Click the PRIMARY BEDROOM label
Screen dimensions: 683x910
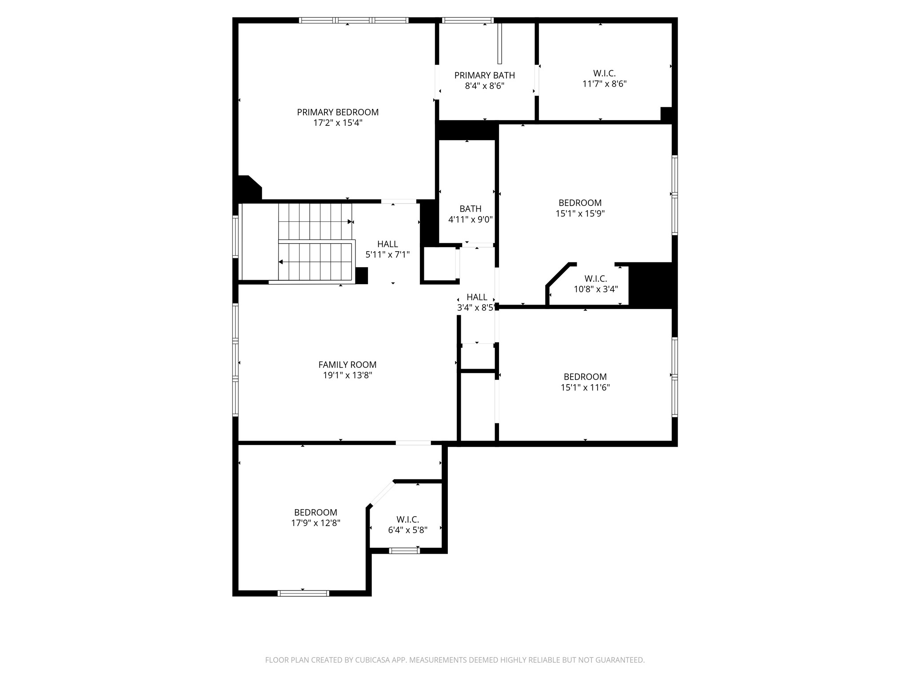point(338,112)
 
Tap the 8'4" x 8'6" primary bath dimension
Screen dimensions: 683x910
point(484,86)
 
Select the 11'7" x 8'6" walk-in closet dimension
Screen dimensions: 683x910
point(604,84)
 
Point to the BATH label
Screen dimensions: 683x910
point(470,209)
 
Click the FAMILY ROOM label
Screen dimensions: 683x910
point(347,365)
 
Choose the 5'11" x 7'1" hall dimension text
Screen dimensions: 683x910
point(387,255)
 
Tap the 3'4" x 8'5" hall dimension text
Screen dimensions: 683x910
point(476,307)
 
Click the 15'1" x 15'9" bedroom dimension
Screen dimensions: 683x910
point(580,213)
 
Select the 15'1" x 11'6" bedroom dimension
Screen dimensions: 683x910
point(585,387)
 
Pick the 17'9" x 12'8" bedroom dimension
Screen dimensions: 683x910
point(315,523)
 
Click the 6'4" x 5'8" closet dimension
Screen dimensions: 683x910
point(407,530)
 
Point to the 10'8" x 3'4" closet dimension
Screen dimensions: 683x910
point(595,289)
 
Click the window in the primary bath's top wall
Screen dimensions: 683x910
point(468,20)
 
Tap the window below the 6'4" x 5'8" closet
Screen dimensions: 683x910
point(404,550)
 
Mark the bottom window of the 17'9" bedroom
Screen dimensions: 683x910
point(303,593)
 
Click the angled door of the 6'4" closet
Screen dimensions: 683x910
point(382,494)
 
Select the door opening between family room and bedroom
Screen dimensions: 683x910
point(413,442)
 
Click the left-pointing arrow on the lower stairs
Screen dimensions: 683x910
point(281,262)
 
